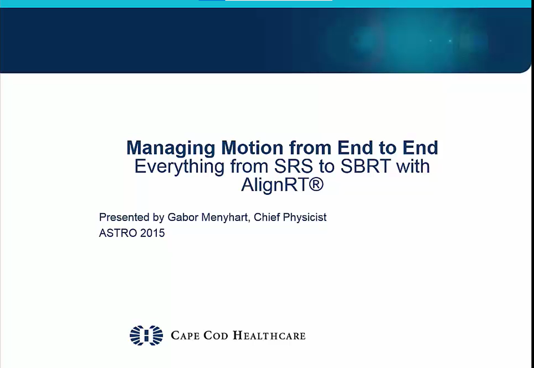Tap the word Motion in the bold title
coord(253,148)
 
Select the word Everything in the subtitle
coord(179,167)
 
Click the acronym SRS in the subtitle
coord(294,166)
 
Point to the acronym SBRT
coord(366,166)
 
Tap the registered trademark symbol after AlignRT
coord(316,184)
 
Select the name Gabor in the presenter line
coord(183,217)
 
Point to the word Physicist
coord(305,218)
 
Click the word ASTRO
coord(118,233)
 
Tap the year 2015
coord(153,233)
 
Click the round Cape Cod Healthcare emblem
coord(146,336)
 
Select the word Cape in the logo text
coord(185,336)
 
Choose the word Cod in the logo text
coord(216,336)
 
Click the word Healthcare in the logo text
coord(269,336)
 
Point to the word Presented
coord(124,217)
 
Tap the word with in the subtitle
coord(413,166)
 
